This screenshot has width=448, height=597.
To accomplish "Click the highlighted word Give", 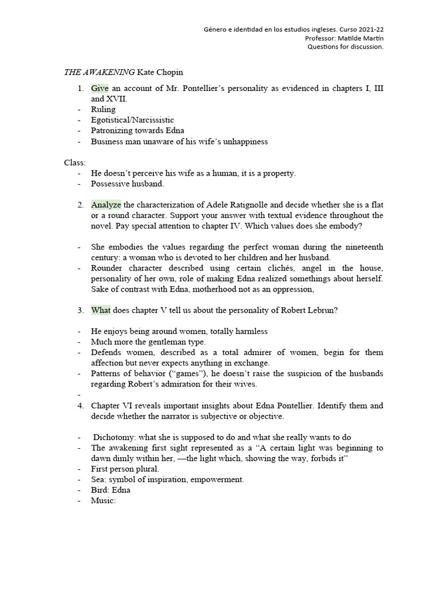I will [100, 88].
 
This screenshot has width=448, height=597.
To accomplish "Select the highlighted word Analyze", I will [106, 205].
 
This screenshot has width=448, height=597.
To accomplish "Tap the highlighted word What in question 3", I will [100, 310].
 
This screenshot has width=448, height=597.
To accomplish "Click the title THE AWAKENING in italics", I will [99, 72].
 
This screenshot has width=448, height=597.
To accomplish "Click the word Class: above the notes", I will [75, 162].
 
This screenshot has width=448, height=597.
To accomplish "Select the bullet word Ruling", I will [103, 109].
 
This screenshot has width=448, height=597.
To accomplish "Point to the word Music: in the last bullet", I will [104, 500].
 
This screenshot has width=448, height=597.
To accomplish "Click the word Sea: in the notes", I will [100, 479].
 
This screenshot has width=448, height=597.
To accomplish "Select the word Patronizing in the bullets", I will [114, 130].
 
